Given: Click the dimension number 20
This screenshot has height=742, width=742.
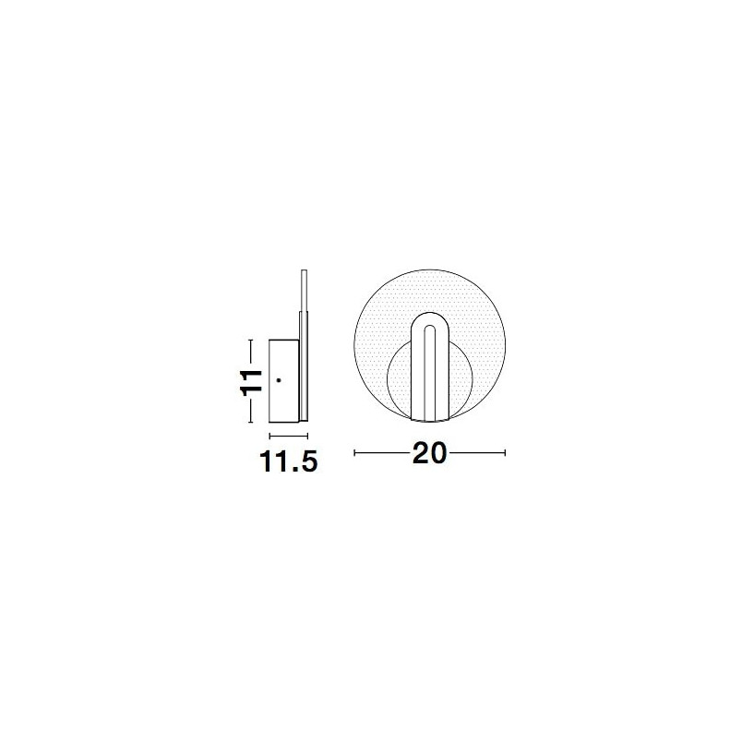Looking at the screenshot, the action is coord(430,453).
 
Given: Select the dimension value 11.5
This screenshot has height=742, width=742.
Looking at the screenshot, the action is coord(288,461).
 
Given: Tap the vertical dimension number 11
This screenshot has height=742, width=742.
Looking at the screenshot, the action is coord(251,381).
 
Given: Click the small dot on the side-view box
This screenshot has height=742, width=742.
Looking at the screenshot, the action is coord(279,379).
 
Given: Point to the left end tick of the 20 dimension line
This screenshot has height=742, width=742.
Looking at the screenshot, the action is coord(355,453).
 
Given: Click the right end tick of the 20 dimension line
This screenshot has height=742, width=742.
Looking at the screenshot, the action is coord(505,453).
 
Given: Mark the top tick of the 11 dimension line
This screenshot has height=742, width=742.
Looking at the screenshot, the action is coord(251,340).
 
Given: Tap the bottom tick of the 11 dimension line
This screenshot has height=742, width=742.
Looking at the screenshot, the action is coord(251,422).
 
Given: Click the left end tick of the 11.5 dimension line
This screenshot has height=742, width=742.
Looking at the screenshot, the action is coord(269,436).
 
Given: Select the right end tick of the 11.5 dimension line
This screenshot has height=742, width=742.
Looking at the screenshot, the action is coord(307,436).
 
